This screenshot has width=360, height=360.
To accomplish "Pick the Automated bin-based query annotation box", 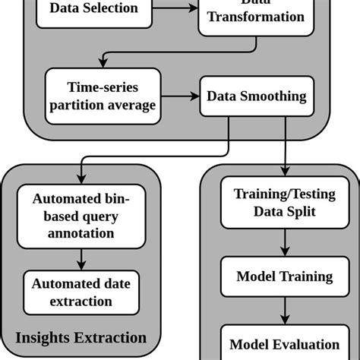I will [81, 216].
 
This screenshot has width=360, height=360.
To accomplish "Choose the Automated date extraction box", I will [81, 292].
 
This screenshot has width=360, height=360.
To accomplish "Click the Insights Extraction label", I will [81, 337].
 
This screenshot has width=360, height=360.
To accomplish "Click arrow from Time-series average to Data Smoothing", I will [178, 96].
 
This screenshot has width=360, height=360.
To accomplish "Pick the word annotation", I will [81, 234].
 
